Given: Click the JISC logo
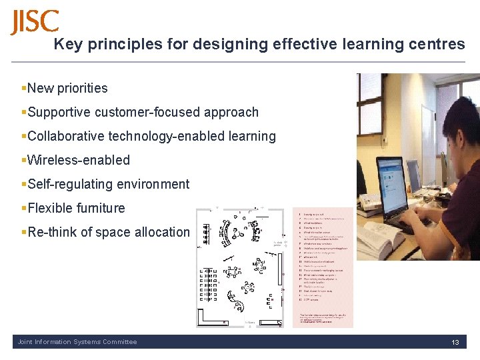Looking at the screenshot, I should (x=35, y=22).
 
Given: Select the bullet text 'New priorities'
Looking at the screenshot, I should (x=67, y=88).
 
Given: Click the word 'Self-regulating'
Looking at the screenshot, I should (x=68, y=184).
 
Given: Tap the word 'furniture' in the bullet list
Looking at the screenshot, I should (x=100, y=208).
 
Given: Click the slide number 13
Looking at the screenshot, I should (x=455, y=342).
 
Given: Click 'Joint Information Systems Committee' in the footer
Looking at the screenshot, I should (x=77, y=342).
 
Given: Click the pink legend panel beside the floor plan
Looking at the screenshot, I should (x=324, y=267).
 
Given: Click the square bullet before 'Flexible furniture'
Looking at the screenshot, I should (x=24, y=208).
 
